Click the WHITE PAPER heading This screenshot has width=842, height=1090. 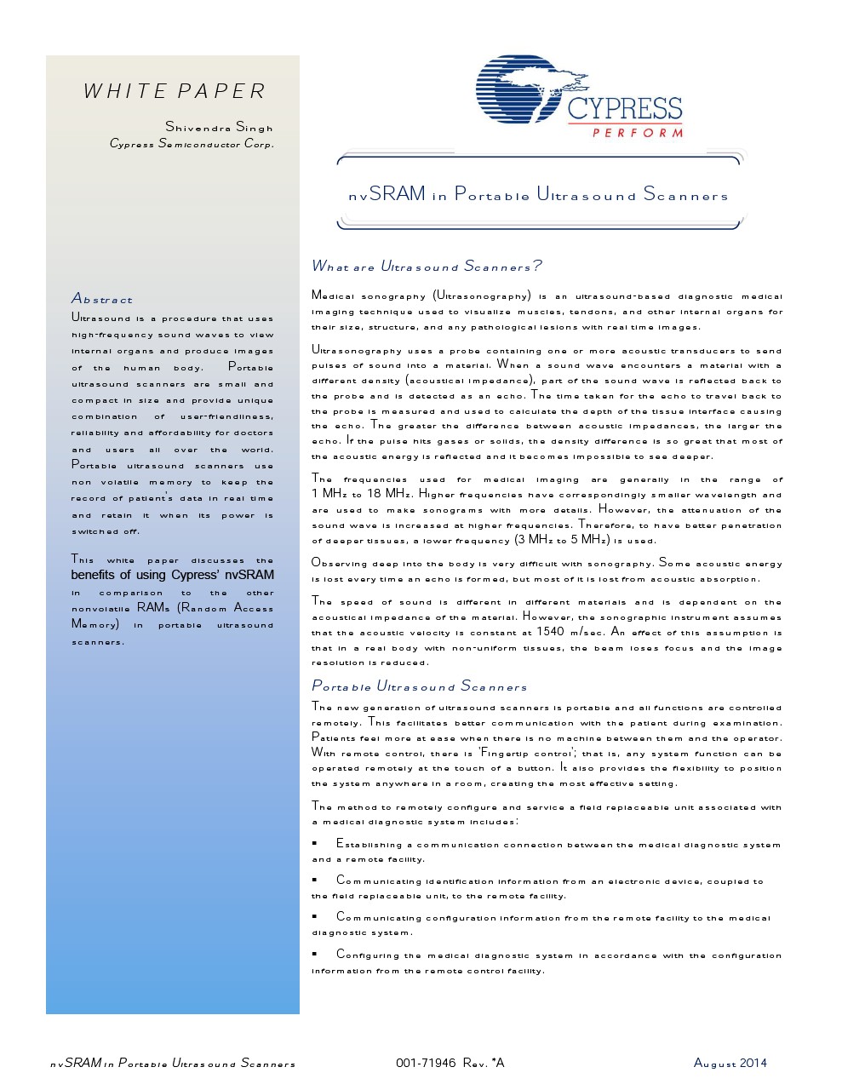175,91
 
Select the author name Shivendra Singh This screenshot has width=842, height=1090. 220,127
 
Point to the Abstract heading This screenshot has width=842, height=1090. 102,298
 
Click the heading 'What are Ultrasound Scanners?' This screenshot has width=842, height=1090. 426,267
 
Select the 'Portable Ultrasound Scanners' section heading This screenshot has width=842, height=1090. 419,686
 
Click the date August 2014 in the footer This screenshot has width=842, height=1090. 730,1063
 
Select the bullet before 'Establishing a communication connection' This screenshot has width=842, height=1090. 315,844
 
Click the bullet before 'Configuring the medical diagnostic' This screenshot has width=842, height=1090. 315,955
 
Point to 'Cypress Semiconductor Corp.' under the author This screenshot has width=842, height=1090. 192,143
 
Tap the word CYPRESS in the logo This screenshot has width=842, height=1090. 624,108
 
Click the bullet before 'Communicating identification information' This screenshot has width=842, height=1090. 315,881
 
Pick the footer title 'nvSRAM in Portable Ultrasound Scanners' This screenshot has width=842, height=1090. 173,1063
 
